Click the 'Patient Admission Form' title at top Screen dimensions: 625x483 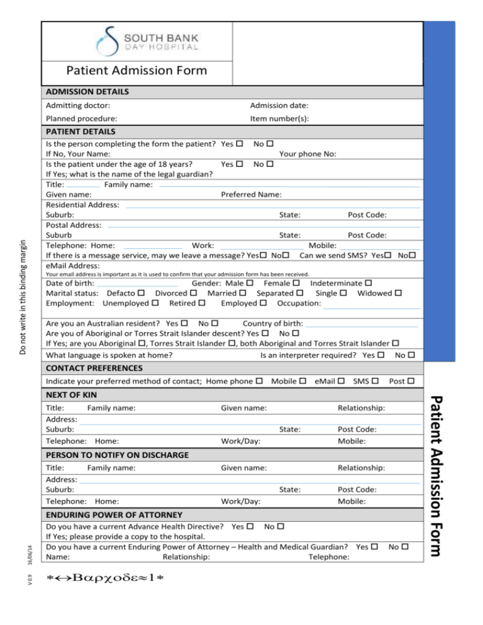coord(136,70)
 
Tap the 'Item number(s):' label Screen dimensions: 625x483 coord(279,118)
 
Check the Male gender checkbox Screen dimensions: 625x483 coord(250,284)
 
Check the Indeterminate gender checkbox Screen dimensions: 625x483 coord(368,284)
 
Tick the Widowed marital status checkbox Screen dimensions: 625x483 coord(398,294)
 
